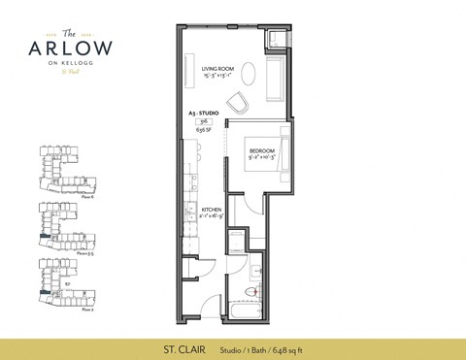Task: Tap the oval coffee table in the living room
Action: (x=249, y=73)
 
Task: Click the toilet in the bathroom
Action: (x=254, y=291)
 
